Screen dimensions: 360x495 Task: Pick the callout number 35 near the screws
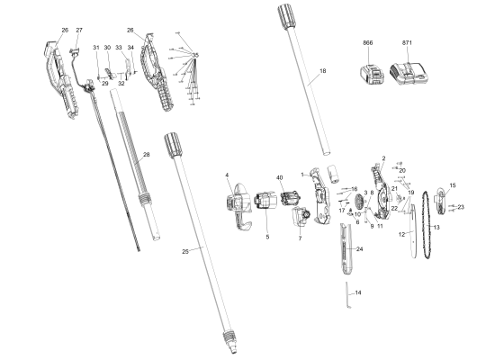click(x=197, y=56)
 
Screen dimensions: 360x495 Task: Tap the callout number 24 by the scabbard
click(x=359, y=248)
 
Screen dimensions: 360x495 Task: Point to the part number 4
click(x=227, y=175)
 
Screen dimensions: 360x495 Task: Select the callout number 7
click(x=299, y=239)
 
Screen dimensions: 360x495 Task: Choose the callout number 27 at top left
click(x=79, y=31)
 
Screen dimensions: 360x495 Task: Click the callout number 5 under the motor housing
click(x=267, y=237)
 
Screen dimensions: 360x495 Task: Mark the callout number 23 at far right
click(x=461, y=207)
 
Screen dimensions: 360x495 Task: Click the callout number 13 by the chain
click(x=437, y=229)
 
